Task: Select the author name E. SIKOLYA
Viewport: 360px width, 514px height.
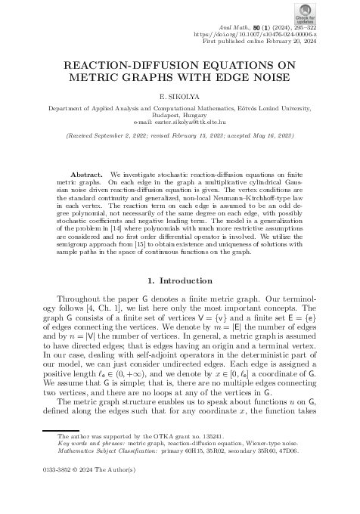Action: point(180,98)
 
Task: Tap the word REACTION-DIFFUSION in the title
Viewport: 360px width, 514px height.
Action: point(129,66)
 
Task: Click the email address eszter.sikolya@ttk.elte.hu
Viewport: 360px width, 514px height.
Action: point(194,121)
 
